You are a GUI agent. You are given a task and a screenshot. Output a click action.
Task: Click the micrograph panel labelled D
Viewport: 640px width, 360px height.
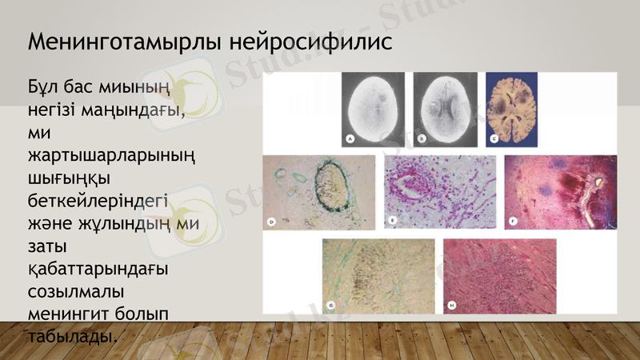tap(318, 192)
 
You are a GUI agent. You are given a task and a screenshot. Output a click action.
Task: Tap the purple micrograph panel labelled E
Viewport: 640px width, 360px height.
tap(439, 192)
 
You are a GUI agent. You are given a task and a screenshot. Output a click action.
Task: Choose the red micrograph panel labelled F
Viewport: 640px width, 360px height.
tap(560, 192)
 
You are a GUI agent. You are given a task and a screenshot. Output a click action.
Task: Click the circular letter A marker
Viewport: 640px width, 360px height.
tap(350, 139)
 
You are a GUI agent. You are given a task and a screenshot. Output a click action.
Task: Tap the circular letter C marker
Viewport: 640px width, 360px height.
tap(494, 139)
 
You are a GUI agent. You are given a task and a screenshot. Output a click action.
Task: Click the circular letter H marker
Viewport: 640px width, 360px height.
tap(451, 304)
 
